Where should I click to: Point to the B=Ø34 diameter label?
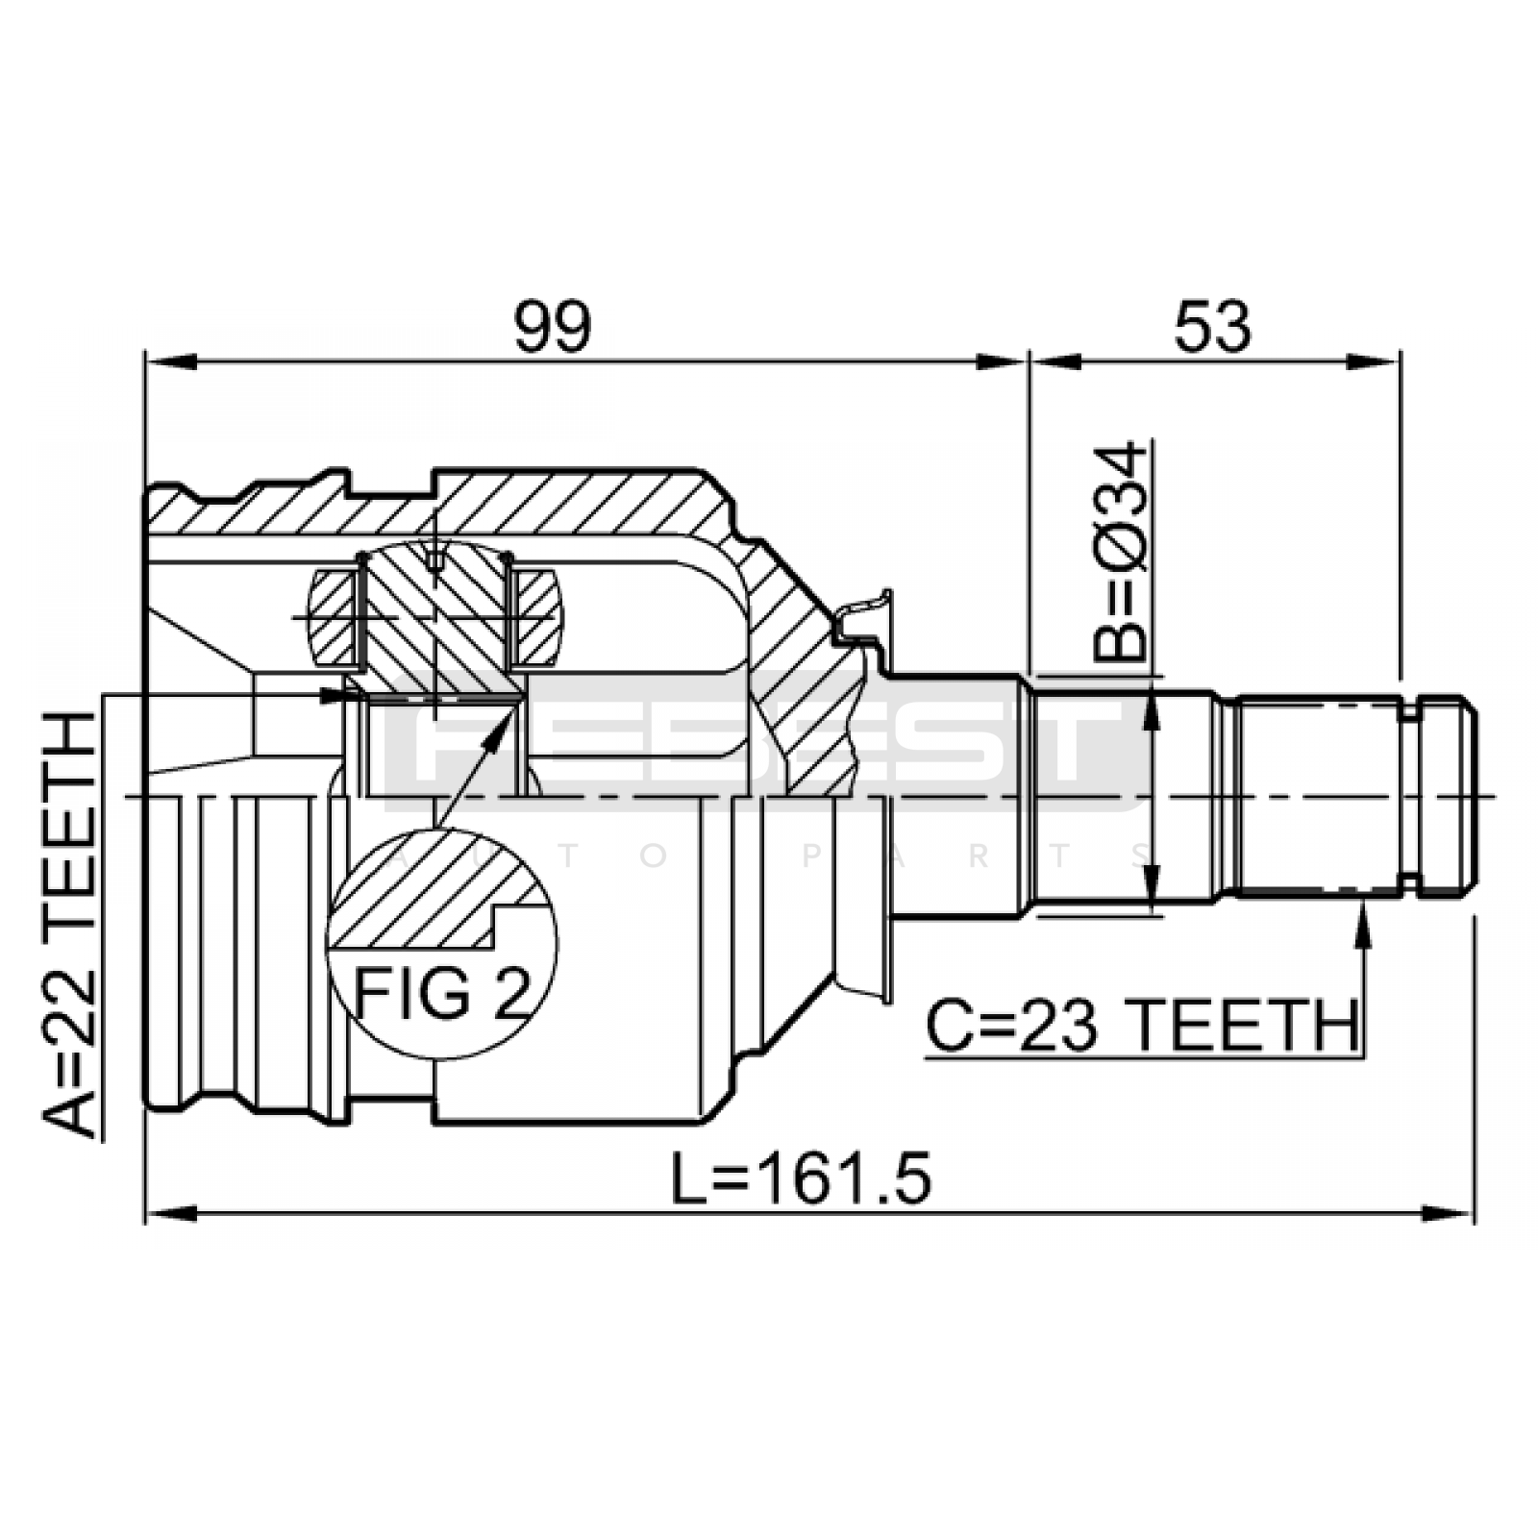coord(1121,552)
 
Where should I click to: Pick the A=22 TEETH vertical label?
coord(69,925)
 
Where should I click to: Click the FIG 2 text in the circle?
coord(442,993)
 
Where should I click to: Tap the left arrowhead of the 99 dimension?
coord(171,361)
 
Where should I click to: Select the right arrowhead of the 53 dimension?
coord(1374,361)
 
